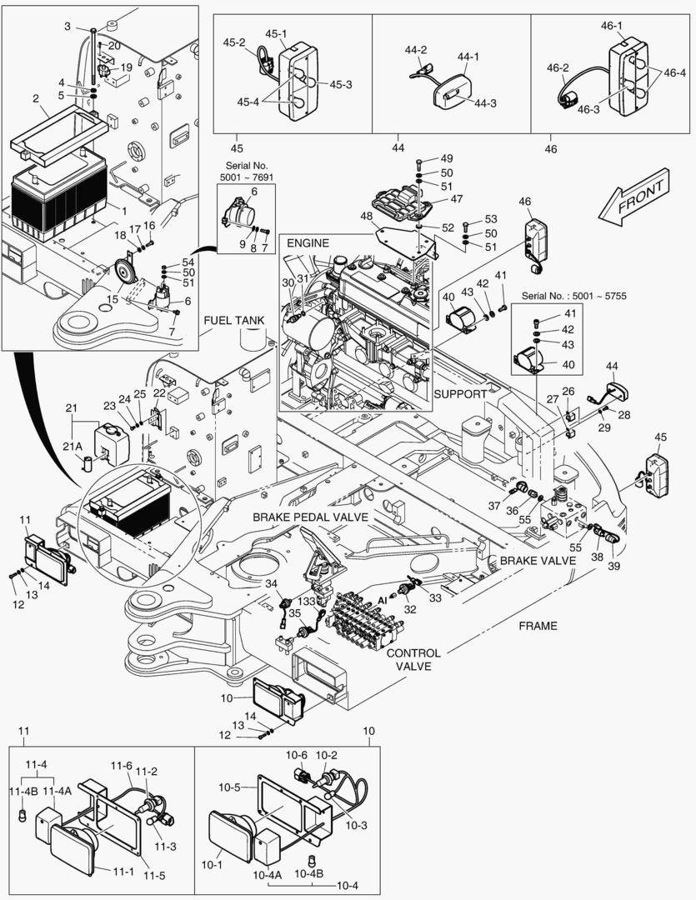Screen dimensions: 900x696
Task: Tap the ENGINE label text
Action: point(308,242)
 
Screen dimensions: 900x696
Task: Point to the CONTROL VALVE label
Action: point(413,660)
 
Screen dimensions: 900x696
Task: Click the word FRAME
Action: point(538,625)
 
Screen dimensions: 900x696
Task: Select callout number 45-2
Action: point(233,42)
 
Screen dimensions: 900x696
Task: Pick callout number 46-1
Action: point(612,26)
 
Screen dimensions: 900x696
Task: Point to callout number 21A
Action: point(74,447)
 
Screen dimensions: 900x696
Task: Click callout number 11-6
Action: point(122,765)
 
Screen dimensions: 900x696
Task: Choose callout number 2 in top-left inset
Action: point(36,98)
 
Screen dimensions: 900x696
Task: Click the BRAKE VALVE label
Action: point(538,561)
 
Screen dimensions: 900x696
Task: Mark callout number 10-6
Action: point(298,755)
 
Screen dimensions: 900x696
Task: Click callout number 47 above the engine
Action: point(457,199)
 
